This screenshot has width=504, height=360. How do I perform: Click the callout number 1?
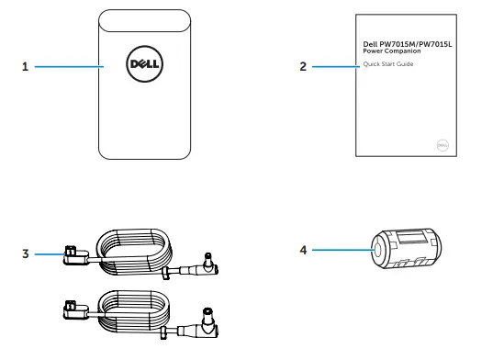pos(26,67)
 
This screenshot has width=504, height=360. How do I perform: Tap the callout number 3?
pos(26,250)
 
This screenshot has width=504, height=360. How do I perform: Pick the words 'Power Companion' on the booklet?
pos(386,51)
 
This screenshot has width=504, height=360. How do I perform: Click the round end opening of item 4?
pos(376,251)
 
